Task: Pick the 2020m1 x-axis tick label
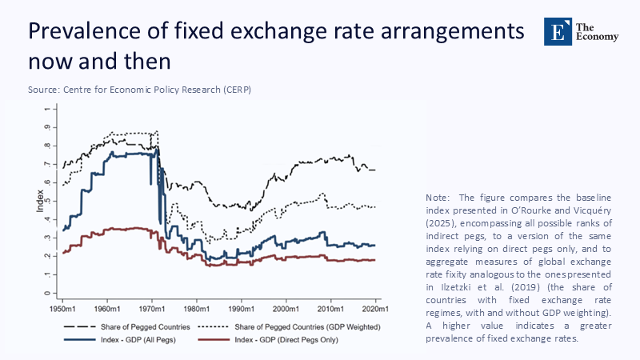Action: click(x=376, y=308)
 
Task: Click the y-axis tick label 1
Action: click(x=47, y=109)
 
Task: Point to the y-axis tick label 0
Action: click(x=47, y=293)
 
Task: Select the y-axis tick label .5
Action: click(x=47, y=201)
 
